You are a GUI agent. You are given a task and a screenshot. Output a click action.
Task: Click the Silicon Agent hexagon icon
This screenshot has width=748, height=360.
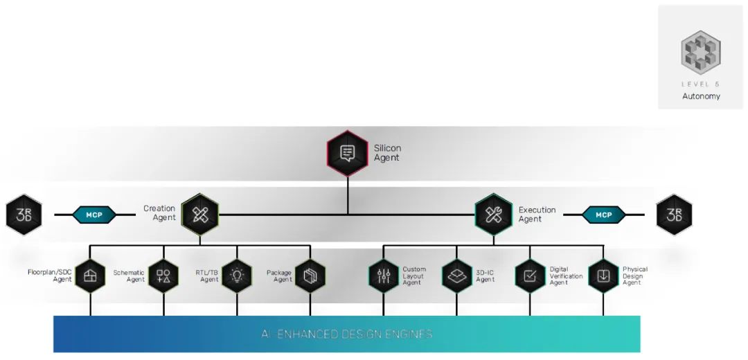pyautogui.click(x=348, y=153)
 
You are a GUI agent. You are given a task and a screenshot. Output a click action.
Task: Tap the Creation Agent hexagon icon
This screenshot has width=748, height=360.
pyautogui.click(x=200, y=214)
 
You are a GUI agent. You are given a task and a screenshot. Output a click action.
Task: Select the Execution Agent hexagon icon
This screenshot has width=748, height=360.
pyautogui.click(x=493, y=214)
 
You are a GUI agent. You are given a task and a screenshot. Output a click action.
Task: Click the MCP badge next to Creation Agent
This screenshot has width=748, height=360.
pyautogui.click(x=94, y=215)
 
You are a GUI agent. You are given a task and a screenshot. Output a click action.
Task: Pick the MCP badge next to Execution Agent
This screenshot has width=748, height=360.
pyautogui.click(x=603, y=215)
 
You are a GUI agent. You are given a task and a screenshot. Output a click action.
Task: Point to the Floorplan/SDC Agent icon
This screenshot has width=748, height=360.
pyautogui.click(x=90, y=276)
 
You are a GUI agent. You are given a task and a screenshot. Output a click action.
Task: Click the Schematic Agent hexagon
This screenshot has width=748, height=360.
pyautogui.click(x=163, y=276)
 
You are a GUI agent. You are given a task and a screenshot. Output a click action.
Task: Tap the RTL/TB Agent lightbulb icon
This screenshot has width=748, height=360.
pyautogui.click(x=237, y=276)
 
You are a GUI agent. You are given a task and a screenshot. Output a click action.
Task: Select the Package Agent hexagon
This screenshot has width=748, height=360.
pyautogui.click(x=310, y=276)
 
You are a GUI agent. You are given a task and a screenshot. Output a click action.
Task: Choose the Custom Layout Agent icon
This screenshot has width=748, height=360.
pyautogui.click(x=384, y=276)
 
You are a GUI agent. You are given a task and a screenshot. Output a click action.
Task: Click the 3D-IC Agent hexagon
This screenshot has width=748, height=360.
pyautogui.click(x=457, y=276)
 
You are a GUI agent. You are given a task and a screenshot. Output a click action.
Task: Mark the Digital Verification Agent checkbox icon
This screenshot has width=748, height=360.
pyautogui.click(x=531, y=276)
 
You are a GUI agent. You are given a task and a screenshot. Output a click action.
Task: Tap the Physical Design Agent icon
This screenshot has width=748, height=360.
pyautogui.click(x=604, y=276)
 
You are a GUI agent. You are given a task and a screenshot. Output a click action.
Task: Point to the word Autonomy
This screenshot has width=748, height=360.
pyautogui.click(x=701, y=96)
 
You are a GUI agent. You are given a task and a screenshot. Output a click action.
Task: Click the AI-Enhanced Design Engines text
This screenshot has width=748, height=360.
pyautogui.click(x=347, y=334)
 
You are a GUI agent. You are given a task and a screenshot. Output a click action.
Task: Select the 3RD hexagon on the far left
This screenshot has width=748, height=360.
pyautogui.click(x=24, y=215)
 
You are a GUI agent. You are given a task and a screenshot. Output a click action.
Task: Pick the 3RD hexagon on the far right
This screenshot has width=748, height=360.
pyautogui.click(x=674, y=215)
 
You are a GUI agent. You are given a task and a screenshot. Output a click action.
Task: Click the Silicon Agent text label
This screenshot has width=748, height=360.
pyautogui.click(x=387, y=153)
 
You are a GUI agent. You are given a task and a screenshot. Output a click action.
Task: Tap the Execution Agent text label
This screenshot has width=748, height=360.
pyautogui.click(x=537, y=215)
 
